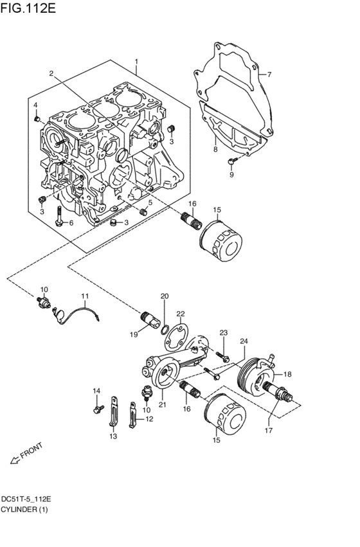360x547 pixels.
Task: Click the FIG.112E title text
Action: [28, 8]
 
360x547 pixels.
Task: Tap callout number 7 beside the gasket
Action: [269, 74]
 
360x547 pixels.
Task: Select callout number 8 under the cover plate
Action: [215, 149]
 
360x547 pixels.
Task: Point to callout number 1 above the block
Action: [136, 62]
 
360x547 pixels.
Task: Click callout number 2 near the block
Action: [51, 73]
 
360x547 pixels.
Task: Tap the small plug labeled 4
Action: [36, 120]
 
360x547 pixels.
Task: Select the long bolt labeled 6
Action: [59, 217]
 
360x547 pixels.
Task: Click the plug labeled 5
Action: [143, 211]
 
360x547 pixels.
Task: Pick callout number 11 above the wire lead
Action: [85, 296]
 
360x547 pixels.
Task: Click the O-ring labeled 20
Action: [166, 328]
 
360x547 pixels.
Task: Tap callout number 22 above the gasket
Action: [181, 314]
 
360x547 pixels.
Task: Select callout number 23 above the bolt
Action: [223, 332]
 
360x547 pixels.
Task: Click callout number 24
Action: [244, 341]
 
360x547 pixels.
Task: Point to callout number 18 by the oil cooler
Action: [287, 374]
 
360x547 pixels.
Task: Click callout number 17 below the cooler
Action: [268, 430]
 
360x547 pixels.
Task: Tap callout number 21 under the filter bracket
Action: [162, 404]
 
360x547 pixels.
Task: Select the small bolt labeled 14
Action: [99, 408]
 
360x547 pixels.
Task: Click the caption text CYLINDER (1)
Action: [24, 509]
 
